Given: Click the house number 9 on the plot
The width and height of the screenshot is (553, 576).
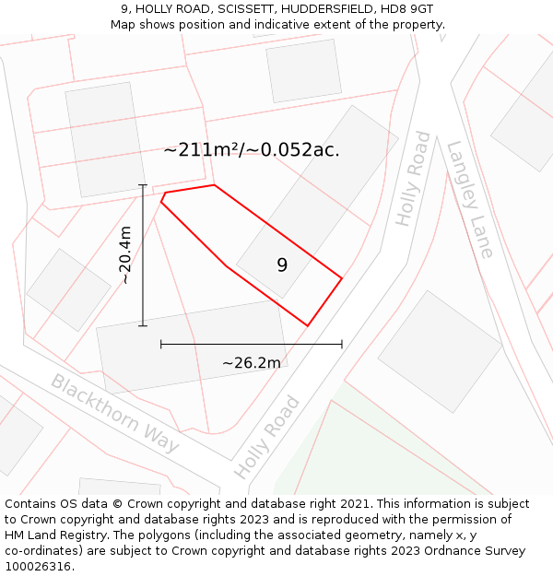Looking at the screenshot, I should [x=282, y=265].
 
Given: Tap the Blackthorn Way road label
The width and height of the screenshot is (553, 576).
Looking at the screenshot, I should [x=115, y=412].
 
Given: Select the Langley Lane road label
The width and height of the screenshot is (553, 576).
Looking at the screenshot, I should [x=471, y=199].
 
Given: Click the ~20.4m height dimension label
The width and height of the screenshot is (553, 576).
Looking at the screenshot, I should [x=125, y=255].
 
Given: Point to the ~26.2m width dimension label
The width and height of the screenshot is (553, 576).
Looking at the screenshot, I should [x=251, y=363].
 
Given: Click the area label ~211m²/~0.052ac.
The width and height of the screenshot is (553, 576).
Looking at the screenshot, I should [x=252, y=150].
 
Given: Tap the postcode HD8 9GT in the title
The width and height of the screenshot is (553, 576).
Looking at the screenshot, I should [x=406, y=9].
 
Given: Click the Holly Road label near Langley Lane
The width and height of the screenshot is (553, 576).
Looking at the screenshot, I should [x=413, y=179].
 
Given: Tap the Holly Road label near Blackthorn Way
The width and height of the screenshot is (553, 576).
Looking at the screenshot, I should [x=267, y=437].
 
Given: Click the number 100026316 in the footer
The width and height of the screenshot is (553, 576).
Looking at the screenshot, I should [x=37, y=567].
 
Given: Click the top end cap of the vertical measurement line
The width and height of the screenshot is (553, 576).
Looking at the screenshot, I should [x=143, y=185].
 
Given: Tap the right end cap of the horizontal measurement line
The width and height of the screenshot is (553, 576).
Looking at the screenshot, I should [x=342, y=344].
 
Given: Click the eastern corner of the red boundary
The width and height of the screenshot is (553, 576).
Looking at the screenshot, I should [x=342, y=277].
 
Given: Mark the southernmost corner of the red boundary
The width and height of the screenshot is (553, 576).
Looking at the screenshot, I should [x=307, y=325].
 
